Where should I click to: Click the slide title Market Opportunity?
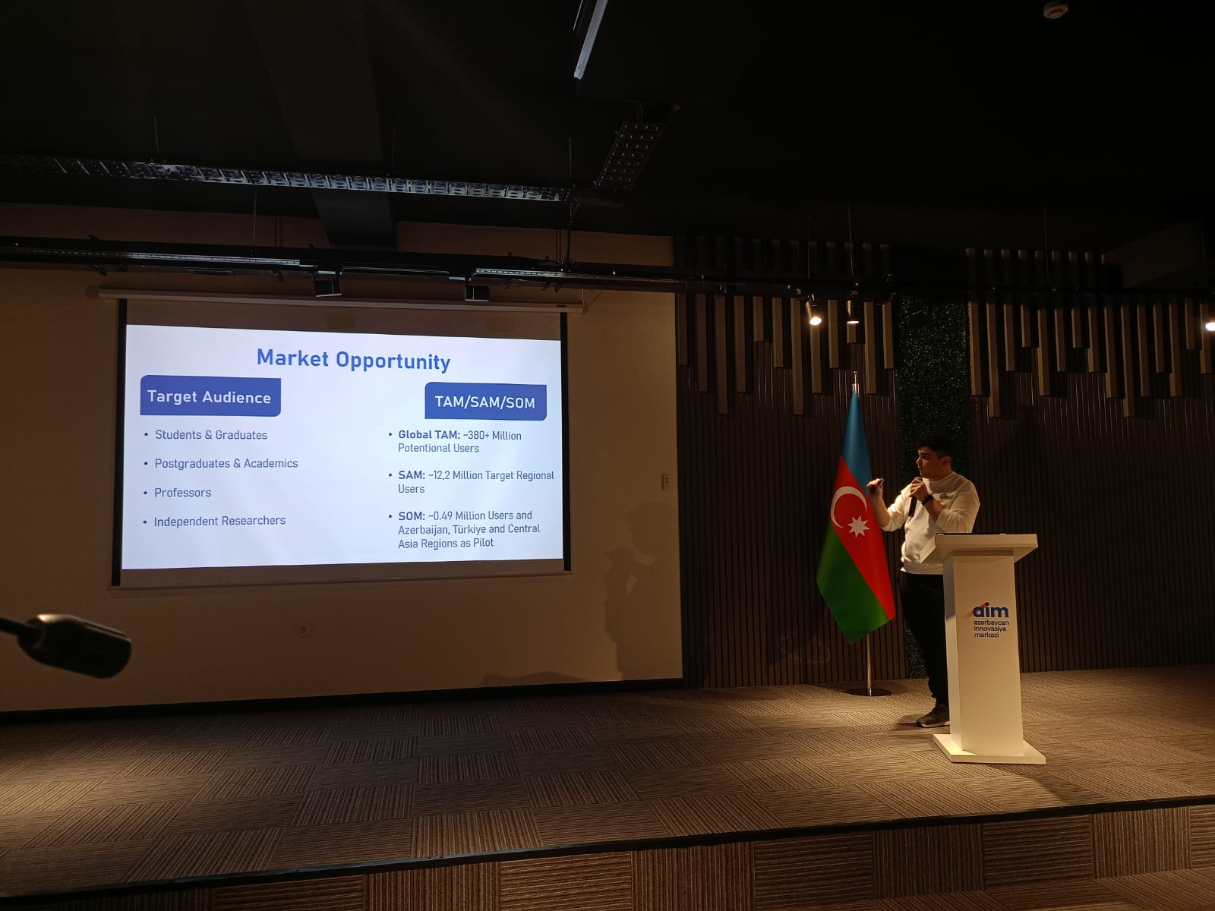click(353, 360)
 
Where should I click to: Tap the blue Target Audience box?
click(210, 396)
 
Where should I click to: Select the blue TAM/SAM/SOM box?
click(485, 402)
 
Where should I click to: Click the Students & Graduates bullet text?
click(211, 435)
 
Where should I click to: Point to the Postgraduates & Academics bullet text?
click(226, 464)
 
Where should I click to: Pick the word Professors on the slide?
click(183, 492)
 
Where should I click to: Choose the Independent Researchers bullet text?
click(219, 521)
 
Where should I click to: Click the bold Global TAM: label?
click(429, 435)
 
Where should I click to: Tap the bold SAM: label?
click(412, 475)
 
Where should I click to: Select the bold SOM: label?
click(412, 515)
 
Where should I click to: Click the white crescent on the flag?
click(844, 504)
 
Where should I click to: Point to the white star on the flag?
click(859, 525)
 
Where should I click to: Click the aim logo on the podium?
click(991, 611)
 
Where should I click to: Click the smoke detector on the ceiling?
click(1055, 9)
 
